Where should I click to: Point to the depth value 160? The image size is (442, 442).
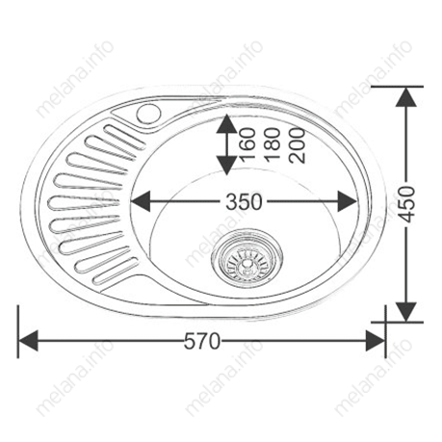point(247,144)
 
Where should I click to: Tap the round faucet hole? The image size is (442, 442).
point(150,114)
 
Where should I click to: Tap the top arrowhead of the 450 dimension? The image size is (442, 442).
point(409,96)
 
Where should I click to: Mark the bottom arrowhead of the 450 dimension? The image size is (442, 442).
point(409,310)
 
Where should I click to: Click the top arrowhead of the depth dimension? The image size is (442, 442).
point(224,122)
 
